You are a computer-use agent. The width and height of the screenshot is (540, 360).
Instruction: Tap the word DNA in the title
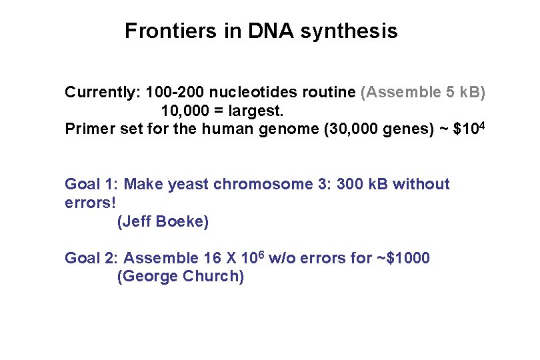pyautogui.click(x=271, y=31)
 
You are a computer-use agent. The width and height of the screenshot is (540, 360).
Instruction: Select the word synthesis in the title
pyautogui.click(x=349, y=31)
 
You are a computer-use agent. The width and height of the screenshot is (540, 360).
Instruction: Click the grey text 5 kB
pyautogui.click(x=463, y=92)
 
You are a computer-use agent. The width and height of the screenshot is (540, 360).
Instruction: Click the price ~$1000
pyautogui.click(x=403, y=258)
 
